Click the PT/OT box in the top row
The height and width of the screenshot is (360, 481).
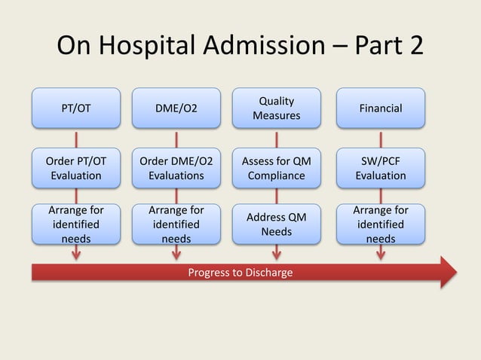pyautogui.click(x=75, y=108)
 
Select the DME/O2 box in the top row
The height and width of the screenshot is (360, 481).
pyautogui.click(x=176, y=108)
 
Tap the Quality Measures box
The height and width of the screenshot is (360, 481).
pyautogui.click(x=276, y=108)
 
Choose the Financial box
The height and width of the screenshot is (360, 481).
pyautogui.click(x=380, y=108)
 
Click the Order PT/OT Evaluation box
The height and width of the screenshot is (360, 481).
pyautogui.click(x=75, y=168)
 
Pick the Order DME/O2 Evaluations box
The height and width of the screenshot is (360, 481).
pyautogui.click(x=176, y=168)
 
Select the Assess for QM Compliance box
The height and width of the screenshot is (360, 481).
pyautogui.click(x=276, y=168)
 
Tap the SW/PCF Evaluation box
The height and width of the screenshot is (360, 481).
pyautogui.click(x=380, y=168)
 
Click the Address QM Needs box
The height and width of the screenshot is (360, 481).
pyautogui.click(x=276, y=224)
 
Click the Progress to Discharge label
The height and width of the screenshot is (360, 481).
pyautogui.click(x=240, y=272)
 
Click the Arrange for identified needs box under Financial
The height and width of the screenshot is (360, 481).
pyautogui.click(x=380, y=224)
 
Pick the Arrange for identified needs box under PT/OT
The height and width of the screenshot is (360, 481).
pyautogui.click(x=75, y=224)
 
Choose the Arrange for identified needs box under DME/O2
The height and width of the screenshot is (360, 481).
pyautogui.click(x=176, y=224)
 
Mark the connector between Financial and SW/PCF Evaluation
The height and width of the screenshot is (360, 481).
pyautogui.click(x=380, y=139)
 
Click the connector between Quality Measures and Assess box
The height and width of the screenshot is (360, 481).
pyautogui.click(x=276, y=139)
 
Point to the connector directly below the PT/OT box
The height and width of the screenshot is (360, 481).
pyautogui.click(x=75, y=139)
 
